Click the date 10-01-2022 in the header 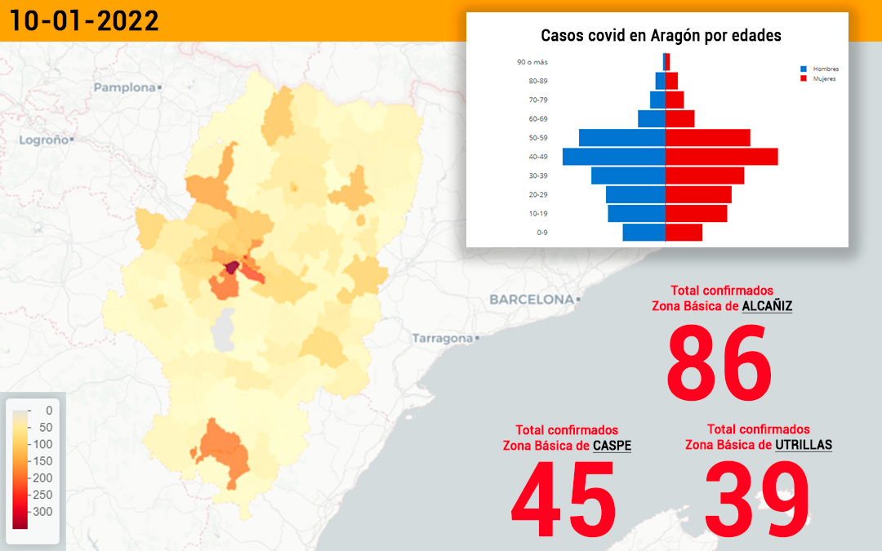tap(84, 20)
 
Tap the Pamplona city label tap(124, 87)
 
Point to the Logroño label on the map tap(44, 140)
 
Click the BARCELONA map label tap(532, 299)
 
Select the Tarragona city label tap(443, 338)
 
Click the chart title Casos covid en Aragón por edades tap(661, 35)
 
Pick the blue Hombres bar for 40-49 tap(613, 157)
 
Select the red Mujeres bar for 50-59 tap(707, 138)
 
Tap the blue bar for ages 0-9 tap(644, 232)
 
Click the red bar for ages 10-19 tap(697, 214)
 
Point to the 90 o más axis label tap(532, 62)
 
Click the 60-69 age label tap(537, 118)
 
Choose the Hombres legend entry tap(820, 69)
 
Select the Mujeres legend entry tap(817, 78)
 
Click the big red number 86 tap(719, 362)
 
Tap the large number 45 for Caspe tap(563, 499)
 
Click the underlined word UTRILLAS tap(804, 445)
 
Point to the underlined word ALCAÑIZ tap(767, 306)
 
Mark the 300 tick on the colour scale tap(42, 512)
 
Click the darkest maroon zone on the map tap(231, 268)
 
